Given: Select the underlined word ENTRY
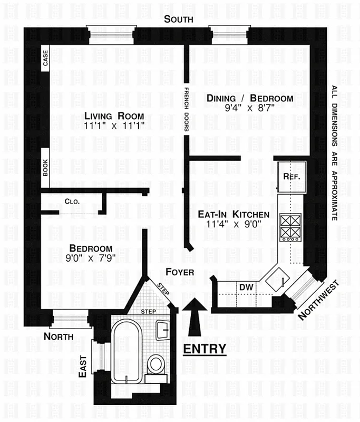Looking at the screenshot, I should (x=204, y=349).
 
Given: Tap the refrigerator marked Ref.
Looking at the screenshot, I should (x=291, y=177).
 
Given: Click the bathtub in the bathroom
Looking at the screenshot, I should (x=127, y=351).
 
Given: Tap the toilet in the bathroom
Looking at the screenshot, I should (x=155, y=364).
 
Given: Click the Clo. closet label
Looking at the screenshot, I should (x=72, y=201).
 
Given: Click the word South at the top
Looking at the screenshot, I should (x=178, y=20).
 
